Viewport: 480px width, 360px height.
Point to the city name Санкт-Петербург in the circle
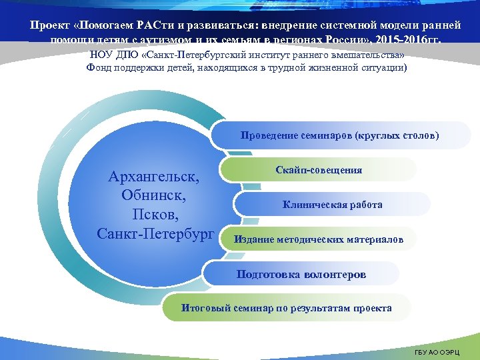pyautogui.click(x=155, y=233)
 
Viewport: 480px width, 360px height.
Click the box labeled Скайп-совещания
pyautogui.click(x=319, y=170)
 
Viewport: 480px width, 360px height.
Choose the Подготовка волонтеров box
pyautogui.click(x=301, y=274)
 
